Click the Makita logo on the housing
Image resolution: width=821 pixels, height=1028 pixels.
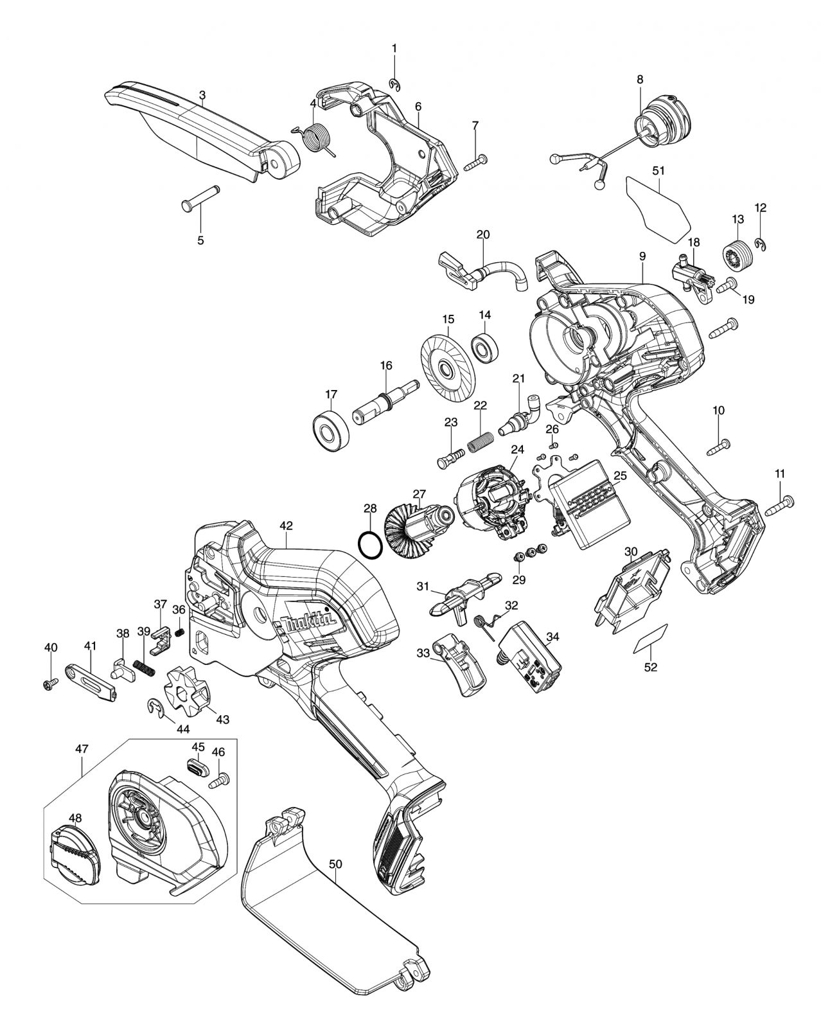(308, 623)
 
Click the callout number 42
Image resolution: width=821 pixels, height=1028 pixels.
(286, 526)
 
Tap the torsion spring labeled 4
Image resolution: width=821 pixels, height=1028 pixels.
(315, 138)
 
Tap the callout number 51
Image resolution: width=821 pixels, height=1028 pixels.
(661, 171)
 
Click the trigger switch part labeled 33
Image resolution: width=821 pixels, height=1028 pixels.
(461, 670)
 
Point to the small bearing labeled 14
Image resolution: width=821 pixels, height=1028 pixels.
(485, 346)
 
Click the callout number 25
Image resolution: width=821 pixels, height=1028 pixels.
(620, 476)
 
